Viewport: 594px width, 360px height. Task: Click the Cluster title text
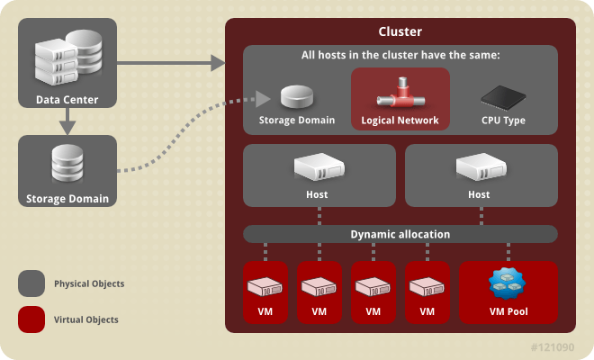point(400,31)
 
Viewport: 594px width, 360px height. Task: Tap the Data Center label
point(67,99)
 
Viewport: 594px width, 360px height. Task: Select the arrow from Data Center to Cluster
point(171,63)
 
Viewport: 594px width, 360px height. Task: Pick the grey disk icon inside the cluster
point(296,97)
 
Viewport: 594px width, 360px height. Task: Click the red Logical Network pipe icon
point(400,93)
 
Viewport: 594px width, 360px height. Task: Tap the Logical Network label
point(400,120)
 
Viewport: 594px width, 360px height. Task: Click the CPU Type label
point(503,120)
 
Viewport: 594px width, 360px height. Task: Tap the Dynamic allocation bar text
point(400,234)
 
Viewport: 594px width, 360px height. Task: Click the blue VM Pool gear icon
point(508,283)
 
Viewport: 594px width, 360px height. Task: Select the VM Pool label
point(508,312)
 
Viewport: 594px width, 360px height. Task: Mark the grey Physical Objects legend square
point(31,283)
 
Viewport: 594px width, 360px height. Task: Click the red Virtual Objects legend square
point(31,319)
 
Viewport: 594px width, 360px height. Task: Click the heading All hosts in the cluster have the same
point(400,56)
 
